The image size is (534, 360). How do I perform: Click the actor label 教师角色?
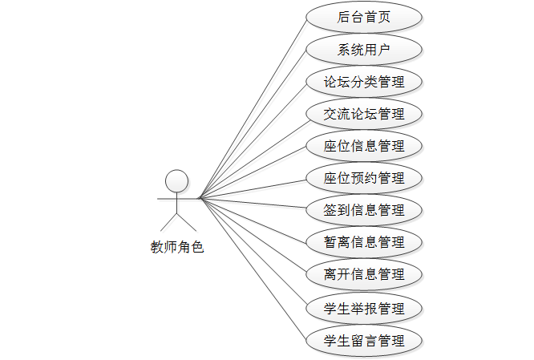pos(177,247)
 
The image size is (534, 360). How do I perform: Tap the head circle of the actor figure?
pos(176,180)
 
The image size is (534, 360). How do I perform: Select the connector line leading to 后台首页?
pos(253,108)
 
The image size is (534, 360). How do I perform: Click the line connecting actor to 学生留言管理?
pos(253,269)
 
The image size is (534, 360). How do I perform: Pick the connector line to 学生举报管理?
pos(253,253)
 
